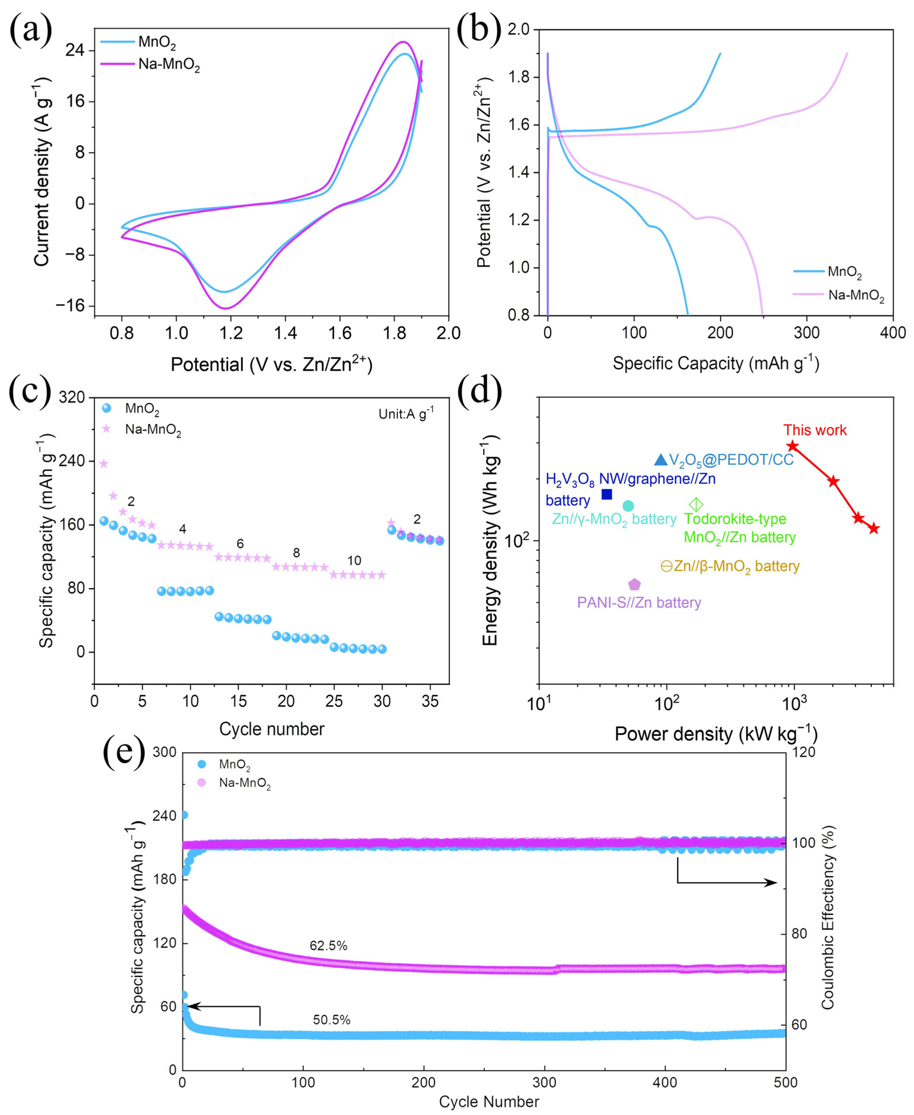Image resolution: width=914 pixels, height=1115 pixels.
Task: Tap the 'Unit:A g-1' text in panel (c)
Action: tap(406, 414)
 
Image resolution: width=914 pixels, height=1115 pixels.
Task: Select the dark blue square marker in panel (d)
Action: tap(607, 494)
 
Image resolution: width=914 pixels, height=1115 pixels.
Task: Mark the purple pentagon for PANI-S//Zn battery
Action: tap(635, 584)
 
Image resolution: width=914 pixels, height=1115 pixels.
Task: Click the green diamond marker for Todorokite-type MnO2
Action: tap(696, 505)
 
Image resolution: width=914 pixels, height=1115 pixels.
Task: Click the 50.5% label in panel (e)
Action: tap(332, 1020)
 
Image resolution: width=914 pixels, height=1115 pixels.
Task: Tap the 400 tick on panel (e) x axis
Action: tap(665, 1083)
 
